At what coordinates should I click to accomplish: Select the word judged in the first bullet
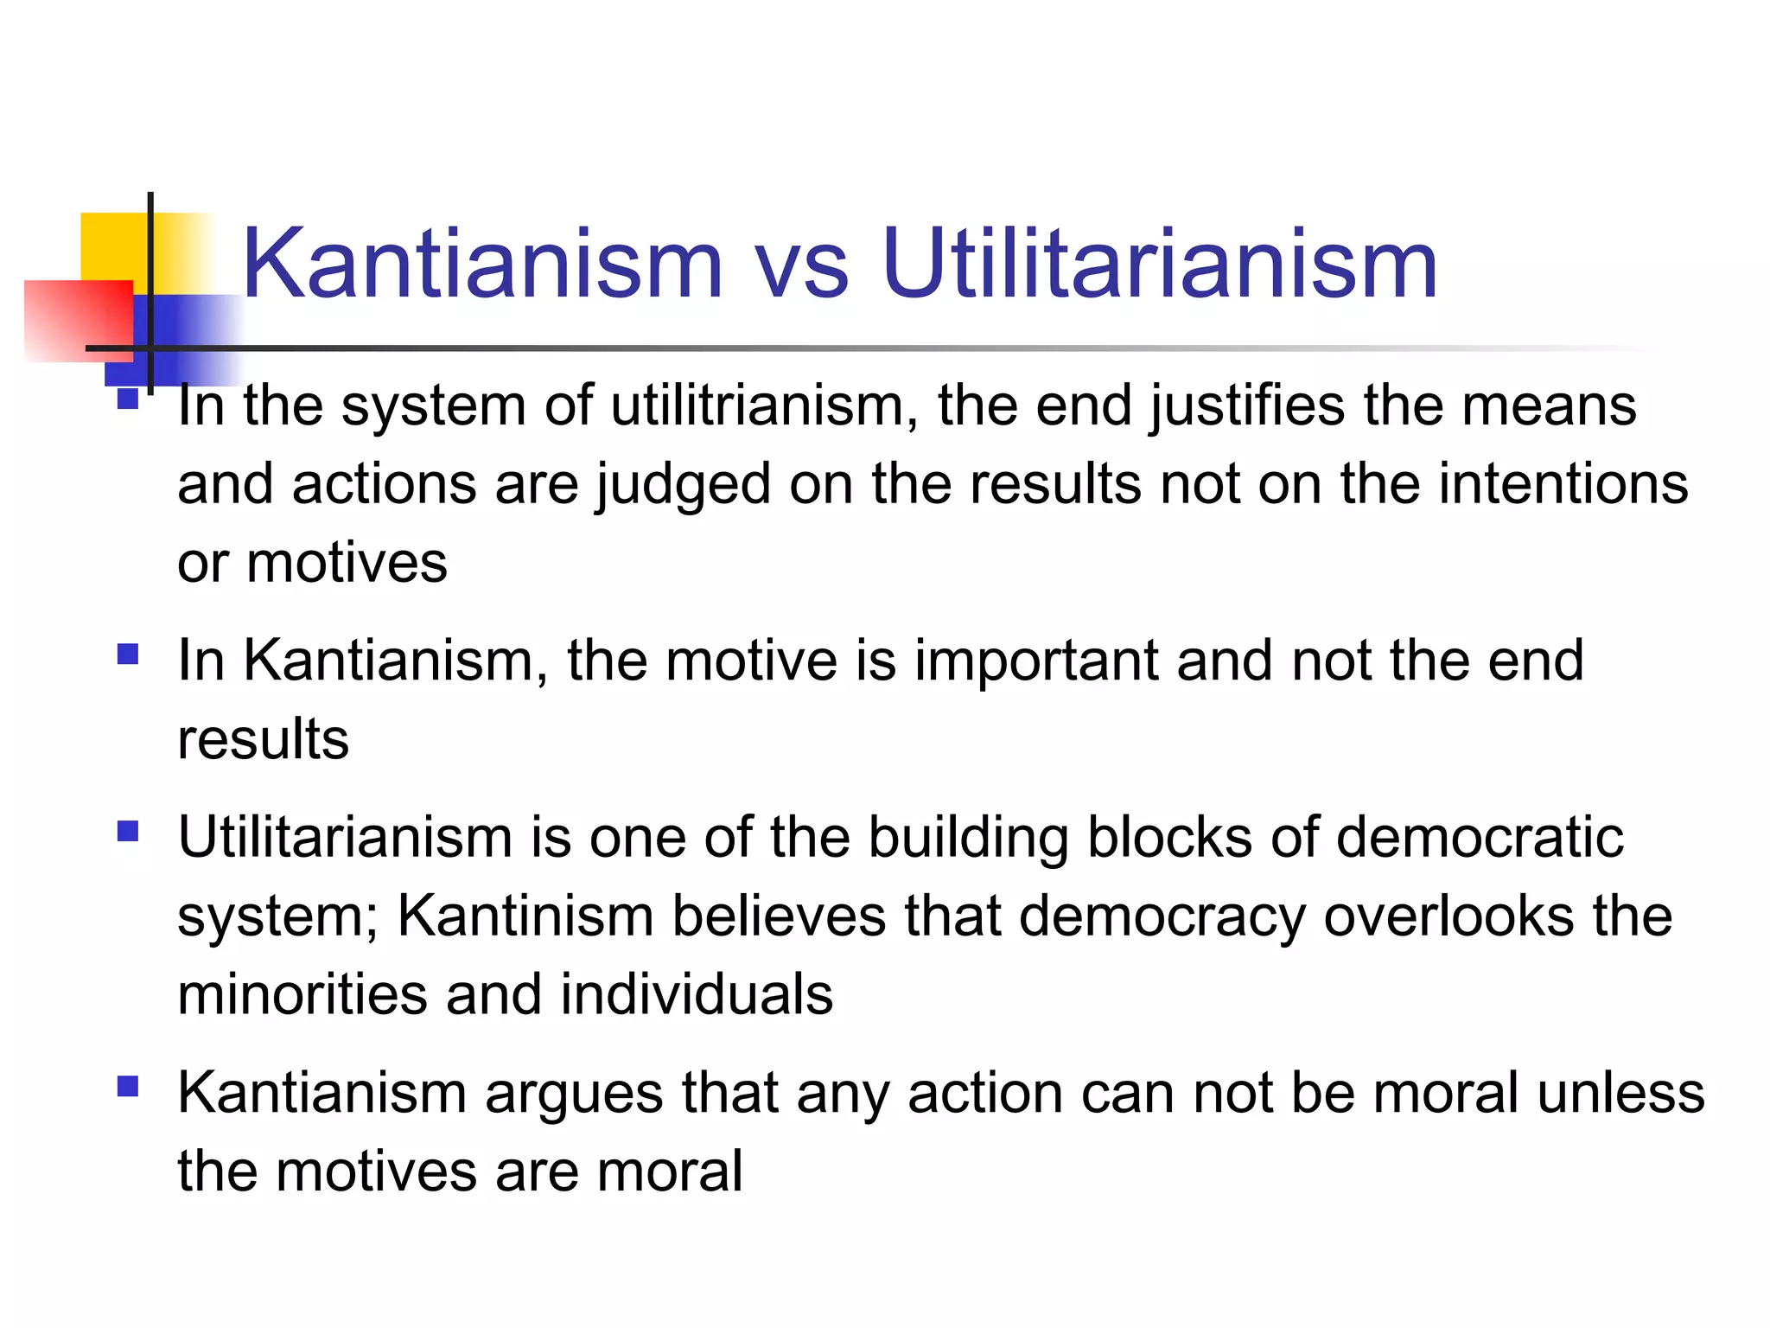[683, 486]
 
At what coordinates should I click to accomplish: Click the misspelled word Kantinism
[525, 916]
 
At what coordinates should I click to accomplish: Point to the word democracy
[1162, 917]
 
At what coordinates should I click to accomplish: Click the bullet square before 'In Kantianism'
[128, 654]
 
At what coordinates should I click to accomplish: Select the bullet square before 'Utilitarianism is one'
[128, 831]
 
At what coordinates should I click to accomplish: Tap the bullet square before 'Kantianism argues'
[128, 1086]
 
